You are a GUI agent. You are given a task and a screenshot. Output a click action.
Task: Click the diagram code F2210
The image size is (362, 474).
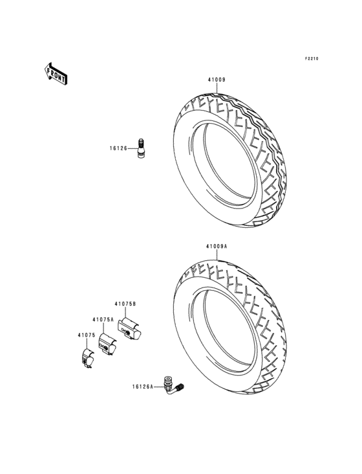click(312, 59)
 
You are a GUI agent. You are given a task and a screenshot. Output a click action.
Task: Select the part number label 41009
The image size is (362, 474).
click(217, 81)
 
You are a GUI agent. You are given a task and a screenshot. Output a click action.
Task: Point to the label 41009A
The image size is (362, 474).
click(217, 247)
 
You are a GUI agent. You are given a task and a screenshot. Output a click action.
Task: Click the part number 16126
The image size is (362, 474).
click(118, 148)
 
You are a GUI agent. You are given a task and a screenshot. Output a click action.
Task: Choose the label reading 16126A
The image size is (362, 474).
click(144, 386)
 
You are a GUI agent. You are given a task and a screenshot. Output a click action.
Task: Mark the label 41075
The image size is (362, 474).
click(87, 335)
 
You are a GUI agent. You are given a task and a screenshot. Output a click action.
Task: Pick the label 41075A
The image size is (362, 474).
click(103, 319)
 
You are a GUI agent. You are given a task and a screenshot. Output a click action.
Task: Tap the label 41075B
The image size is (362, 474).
click(125, 304)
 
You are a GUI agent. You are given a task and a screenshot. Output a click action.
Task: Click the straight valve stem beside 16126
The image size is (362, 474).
click(140, 148)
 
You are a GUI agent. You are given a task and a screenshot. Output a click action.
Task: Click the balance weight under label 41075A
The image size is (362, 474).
click(106, 343)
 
